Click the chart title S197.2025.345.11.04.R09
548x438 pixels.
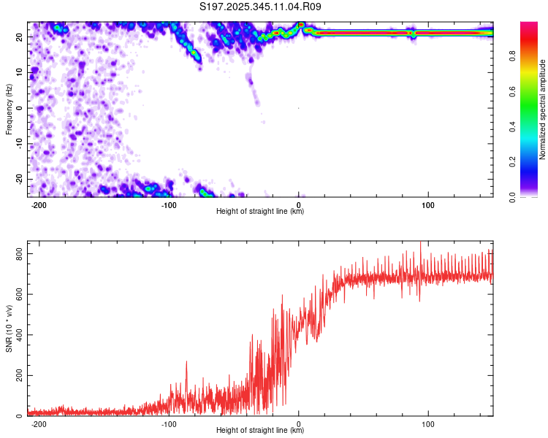261,7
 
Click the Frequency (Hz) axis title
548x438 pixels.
9,108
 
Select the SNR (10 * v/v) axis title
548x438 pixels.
9,331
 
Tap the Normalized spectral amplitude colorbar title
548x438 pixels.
543,109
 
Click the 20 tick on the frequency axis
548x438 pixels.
20,36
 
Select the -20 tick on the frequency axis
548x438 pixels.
19,179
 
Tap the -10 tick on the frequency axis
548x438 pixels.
19,144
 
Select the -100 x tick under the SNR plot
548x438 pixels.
170,424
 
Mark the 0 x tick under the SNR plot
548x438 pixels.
299,424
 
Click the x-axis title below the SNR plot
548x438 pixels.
260,431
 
